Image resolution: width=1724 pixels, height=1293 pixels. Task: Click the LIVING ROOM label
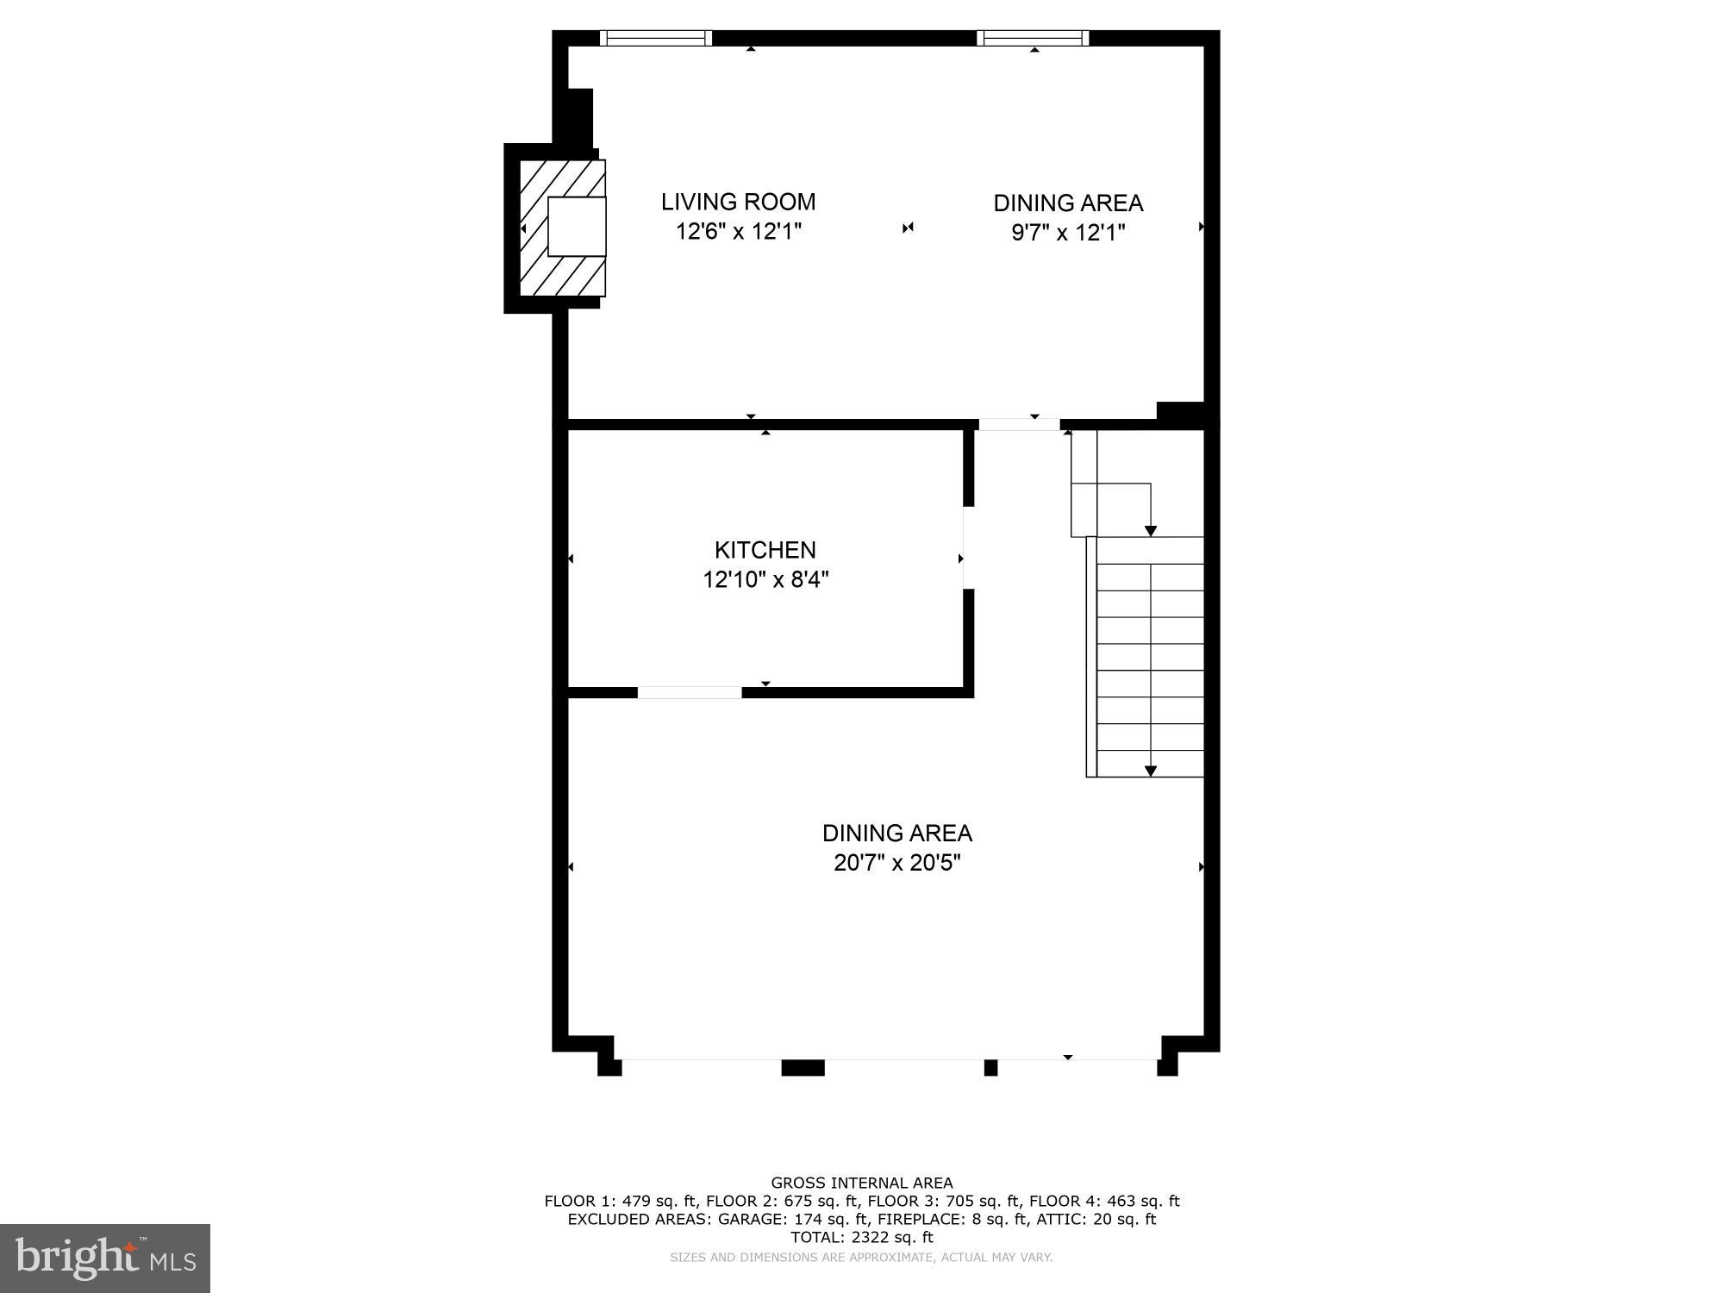(x=738, y=202)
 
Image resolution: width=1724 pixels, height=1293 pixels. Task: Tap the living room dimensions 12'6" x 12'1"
(x=738, y=232)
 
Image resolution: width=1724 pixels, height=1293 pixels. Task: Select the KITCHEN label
(x=765, y=550)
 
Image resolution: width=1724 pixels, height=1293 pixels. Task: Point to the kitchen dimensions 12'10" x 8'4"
(x=765, y=579)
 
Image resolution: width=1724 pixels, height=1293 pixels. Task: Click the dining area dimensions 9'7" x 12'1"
(x=1068, y=233)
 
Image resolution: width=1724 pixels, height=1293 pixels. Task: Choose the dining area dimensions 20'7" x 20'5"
(x=896, y=863)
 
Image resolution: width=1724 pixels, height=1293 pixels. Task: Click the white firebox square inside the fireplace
(x=577, y=226)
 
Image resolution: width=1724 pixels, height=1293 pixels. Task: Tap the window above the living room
(x=656, y=38)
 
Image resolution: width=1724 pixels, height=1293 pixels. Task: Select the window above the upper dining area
(x=1033, y=38)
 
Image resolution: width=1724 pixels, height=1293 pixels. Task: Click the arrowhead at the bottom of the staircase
(x=1150, y=771)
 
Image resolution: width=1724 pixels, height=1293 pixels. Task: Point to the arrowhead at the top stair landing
(x=1150, y=531)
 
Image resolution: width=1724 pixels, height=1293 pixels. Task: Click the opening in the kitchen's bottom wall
(x=690, y=692)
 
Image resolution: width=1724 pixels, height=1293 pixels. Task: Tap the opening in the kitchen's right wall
(x=968, y=547)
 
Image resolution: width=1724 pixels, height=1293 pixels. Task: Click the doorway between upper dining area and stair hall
(x=1019, y=424)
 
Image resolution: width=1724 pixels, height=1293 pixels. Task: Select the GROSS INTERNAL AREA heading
(x=861, y=1183)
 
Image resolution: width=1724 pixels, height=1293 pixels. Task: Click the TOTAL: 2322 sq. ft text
(x=861, y=1237)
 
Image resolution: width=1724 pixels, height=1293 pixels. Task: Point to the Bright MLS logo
(x=105, y=1258)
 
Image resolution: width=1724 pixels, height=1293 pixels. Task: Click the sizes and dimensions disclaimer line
(x=861, y=1257)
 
